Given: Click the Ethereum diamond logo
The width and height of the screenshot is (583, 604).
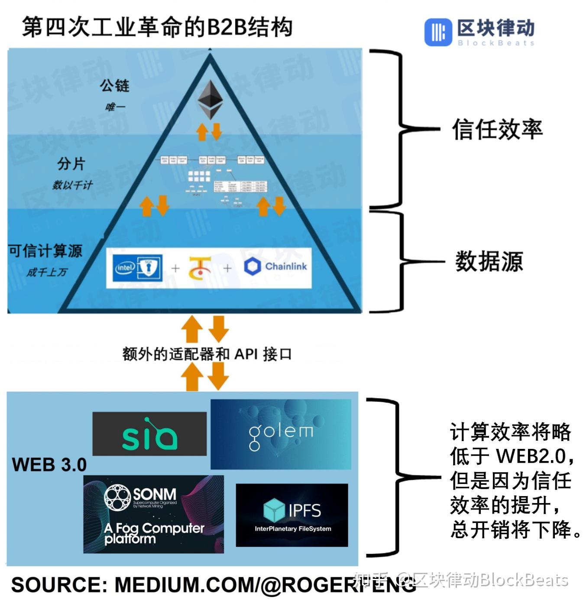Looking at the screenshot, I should pos(210,99).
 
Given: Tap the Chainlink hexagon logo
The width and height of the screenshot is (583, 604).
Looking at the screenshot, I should pos(252,266).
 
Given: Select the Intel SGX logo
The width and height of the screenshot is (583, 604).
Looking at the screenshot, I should pos(138,268).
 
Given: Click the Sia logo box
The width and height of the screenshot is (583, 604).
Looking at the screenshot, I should pos(149,434).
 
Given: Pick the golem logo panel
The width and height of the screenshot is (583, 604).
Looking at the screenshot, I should pos(281,434).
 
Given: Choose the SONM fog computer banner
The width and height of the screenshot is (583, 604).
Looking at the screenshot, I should pos(153,514).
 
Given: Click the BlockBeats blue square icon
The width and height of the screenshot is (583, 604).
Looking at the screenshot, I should pos(438,32).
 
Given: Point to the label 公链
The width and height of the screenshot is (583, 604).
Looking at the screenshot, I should pos(114,85).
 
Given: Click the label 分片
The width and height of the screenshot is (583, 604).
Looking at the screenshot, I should pos(71,164).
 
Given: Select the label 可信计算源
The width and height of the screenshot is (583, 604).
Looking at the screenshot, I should pos(45,251).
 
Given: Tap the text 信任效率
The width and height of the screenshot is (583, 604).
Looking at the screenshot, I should pos(497,130).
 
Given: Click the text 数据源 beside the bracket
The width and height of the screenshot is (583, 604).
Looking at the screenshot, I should pos(489,262).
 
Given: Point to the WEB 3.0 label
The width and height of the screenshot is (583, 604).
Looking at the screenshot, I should pos(49,464).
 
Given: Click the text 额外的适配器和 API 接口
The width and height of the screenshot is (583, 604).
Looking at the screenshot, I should pos(207,354).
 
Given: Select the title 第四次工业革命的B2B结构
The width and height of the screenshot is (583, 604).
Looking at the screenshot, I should pos(157,27).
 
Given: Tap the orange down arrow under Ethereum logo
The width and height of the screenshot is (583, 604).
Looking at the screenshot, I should pos(217,131).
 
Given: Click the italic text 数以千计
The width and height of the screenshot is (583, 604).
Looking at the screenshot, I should pos(72,185).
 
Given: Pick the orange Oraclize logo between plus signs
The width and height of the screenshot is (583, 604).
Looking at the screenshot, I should pos(200,267).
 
